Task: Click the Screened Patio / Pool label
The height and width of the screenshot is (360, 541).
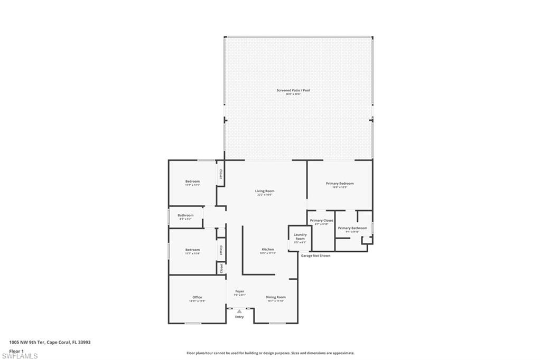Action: [293, 90]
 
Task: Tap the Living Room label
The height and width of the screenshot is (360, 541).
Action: [265, 191]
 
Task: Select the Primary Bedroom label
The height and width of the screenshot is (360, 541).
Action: [340, 183]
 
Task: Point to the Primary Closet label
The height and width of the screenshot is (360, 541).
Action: [321, 220]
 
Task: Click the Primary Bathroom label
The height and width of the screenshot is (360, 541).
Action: [352, 228]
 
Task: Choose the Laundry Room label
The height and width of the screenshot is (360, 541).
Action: [300, 236]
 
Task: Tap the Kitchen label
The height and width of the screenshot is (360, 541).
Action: [268, 249]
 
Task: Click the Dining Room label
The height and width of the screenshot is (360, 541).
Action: [275, 297]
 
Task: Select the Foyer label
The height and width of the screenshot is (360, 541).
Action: [239, 291]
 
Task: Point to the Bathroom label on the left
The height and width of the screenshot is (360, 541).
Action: [185, 215]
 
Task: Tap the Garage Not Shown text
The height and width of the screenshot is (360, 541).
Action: [315, 255]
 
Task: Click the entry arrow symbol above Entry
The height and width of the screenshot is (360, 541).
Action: [239, 311]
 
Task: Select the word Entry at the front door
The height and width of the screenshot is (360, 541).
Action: [239, 317]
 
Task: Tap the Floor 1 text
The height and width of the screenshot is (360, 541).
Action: [16, 350]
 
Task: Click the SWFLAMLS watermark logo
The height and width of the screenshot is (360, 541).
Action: [20, 356]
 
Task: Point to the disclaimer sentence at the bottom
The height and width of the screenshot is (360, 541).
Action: [270, 353]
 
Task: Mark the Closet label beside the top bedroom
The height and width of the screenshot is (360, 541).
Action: [221, 174]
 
